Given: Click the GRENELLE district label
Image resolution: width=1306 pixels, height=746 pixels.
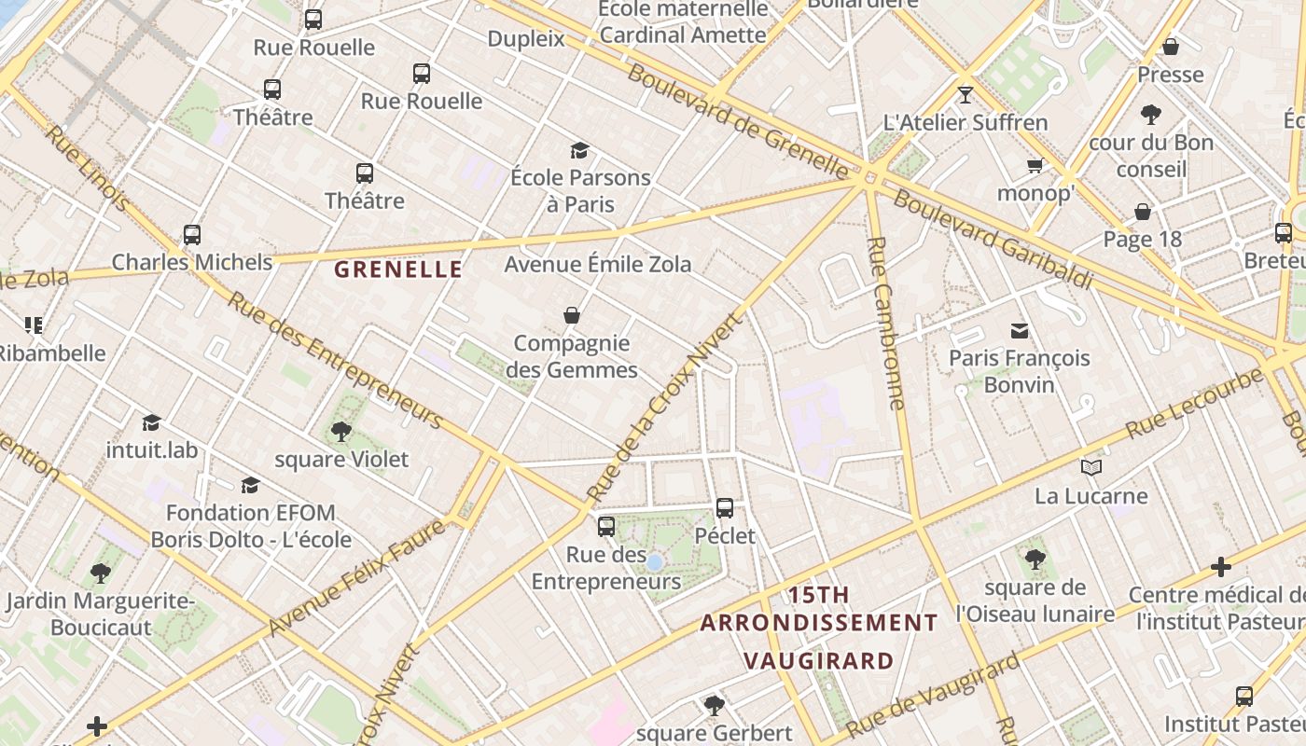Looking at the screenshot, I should click(398, 269).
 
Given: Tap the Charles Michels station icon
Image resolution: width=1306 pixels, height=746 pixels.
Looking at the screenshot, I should click(192, 235).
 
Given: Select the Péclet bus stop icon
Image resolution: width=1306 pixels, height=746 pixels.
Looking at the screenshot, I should click(725, 508).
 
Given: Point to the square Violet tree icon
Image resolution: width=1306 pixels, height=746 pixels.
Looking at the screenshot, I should click(341, 432).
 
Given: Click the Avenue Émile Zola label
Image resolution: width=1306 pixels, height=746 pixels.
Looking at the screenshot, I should click(598, 265).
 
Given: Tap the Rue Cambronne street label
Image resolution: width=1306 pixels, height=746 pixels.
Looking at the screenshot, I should click(886, 323).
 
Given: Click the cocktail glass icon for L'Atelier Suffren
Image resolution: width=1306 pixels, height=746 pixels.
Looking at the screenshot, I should click(966, 95).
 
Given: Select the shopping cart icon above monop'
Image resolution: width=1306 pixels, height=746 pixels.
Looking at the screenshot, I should click(1035, 166).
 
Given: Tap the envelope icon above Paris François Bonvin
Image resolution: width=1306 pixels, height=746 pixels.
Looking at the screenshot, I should click(1020, 330).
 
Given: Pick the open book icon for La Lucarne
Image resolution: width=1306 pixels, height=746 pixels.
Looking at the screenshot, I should click(1091, 467).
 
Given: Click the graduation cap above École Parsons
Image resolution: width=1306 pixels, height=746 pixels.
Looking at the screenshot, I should click(580, 150).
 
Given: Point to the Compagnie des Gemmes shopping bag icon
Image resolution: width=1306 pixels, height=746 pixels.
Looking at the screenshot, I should click(572, 316).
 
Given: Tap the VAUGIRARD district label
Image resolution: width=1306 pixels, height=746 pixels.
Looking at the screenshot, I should click(818, 661).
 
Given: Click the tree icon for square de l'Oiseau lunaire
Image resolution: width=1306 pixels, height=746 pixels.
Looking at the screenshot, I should click(1035, 559).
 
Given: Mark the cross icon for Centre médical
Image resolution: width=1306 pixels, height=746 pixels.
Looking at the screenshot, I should click(1221, 566).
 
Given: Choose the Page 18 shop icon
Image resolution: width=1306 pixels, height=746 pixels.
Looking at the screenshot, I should click(1143, 212).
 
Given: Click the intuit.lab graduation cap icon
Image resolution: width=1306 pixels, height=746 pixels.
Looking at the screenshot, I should click(152, 422).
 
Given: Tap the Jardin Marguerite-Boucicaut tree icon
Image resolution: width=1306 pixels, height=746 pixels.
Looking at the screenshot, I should click(101, 573).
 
